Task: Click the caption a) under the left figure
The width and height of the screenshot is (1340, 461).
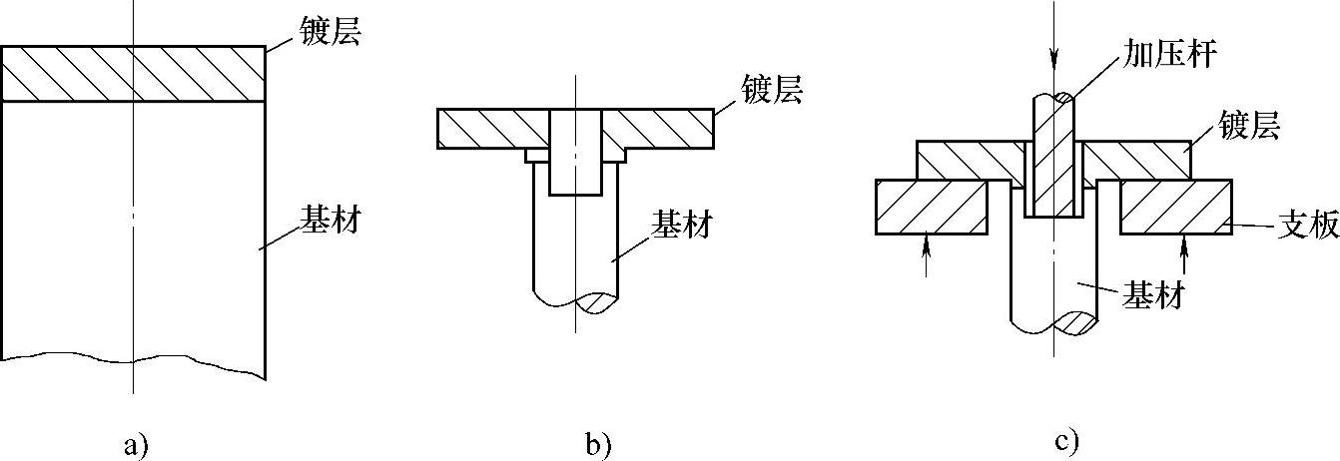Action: tap(135, 444)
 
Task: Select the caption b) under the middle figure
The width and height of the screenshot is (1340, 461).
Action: tap(597, 444)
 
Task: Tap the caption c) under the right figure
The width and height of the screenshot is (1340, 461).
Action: tap(1067, 440)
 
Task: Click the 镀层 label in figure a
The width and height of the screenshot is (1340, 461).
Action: tap(330, 35)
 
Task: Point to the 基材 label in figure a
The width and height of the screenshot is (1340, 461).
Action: tap(330, 220)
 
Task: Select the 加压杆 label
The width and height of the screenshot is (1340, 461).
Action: tap(1178, 54)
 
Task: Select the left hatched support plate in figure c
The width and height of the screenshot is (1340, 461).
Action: tap(931, 207)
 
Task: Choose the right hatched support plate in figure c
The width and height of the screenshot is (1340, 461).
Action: tap(1174, 207)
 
